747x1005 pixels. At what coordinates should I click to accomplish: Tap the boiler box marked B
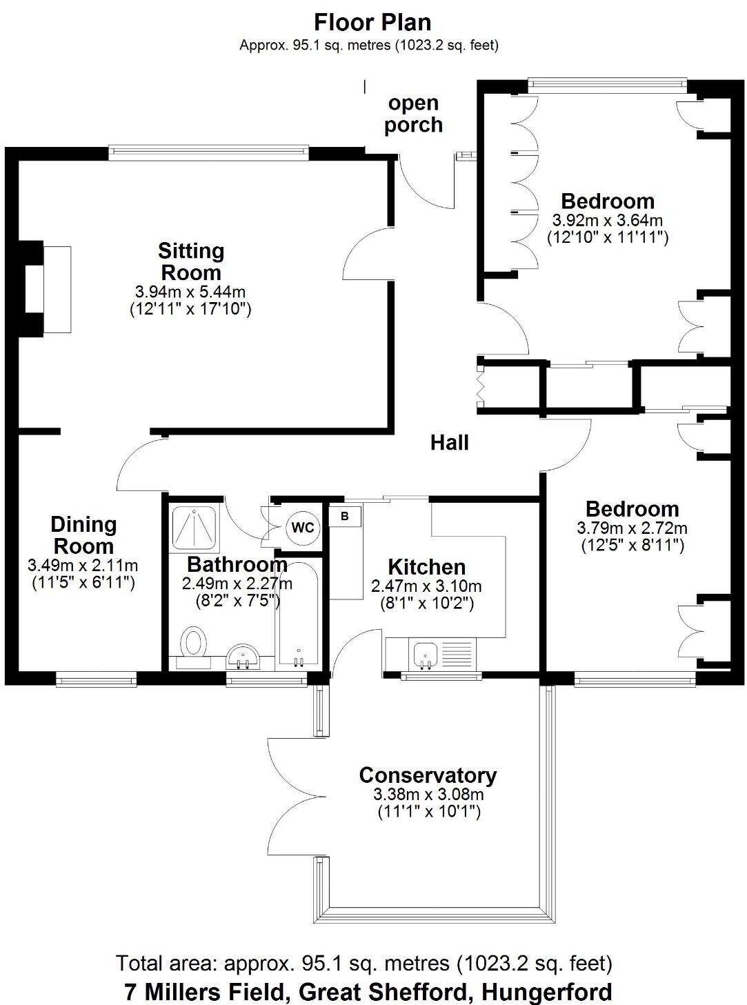click(345, 516)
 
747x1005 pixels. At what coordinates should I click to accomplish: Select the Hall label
click(450, 442)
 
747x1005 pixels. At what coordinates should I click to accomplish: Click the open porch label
click(413, 114)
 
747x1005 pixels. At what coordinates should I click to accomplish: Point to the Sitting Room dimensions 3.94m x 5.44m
click(190, 292)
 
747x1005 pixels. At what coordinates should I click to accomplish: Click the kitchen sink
click(424, 654)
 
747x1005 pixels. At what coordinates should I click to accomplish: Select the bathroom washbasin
click(242, 656)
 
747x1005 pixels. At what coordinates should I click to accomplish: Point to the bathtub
click(297, 614)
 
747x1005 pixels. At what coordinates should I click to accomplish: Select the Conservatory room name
click(428, 775)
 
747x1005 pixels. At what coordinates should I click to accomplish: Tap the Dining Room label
click(83, 535)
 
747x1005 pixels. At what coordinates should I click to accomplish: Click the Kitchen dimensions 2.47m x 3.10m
click(426, 587)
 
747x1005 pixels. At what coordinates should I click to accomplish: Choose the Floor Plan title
click(372, 22)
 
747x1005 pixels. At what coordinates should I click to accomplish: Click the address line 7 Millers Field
click(368, 992)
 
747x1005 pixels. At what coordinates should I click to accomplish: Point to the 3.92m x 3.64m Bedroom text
click(607, 221)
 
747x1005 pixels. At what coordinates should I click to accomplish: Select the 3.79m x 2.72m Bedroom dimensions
click(632, 529)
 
